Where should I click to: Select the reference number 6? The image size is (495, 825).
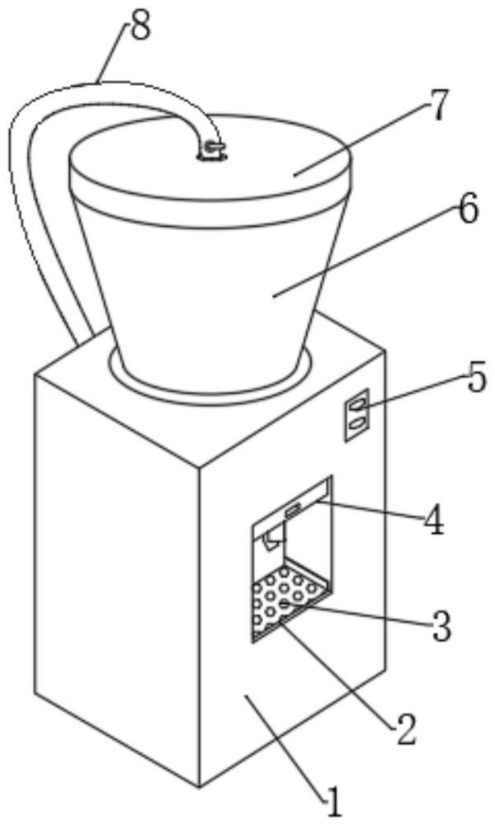click(x=466, y=210)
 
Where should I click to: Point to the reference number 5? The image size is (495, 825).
click(x=477, y=380)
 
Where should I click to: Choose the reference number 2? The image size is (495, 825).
click(x=403, y=729)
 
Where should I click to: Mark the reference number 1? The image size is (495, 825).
click(x=331, y=799)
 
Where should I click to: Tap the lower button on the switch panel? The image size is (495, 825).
click(x=357, y=422)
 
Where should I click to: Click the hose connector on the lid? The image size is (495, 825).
click(x=212, y=149)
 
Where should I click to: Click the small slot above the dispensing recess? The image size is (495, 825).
click(x=293, y=512)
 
